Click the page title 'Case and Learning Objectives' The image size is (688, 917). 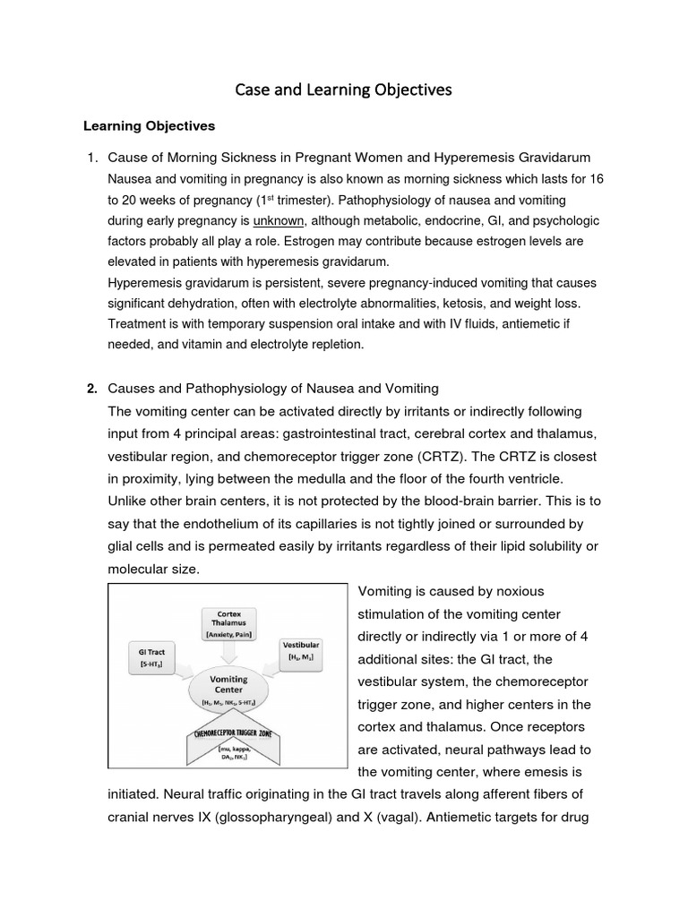(x=343, y=90)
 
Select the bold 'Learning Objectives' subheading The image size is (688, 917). (x=150, y=125)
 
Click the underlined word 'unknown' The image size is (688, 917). (x=279, y=220)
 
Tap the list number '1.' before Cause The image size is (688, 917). (x=91, y=158)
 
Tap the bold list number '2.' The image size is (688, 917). (x=91, y=388)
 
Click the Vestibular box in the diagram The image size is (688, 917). (x=301, y=651)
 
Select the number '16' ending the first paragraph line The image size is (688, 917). (x=596, y=179)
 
